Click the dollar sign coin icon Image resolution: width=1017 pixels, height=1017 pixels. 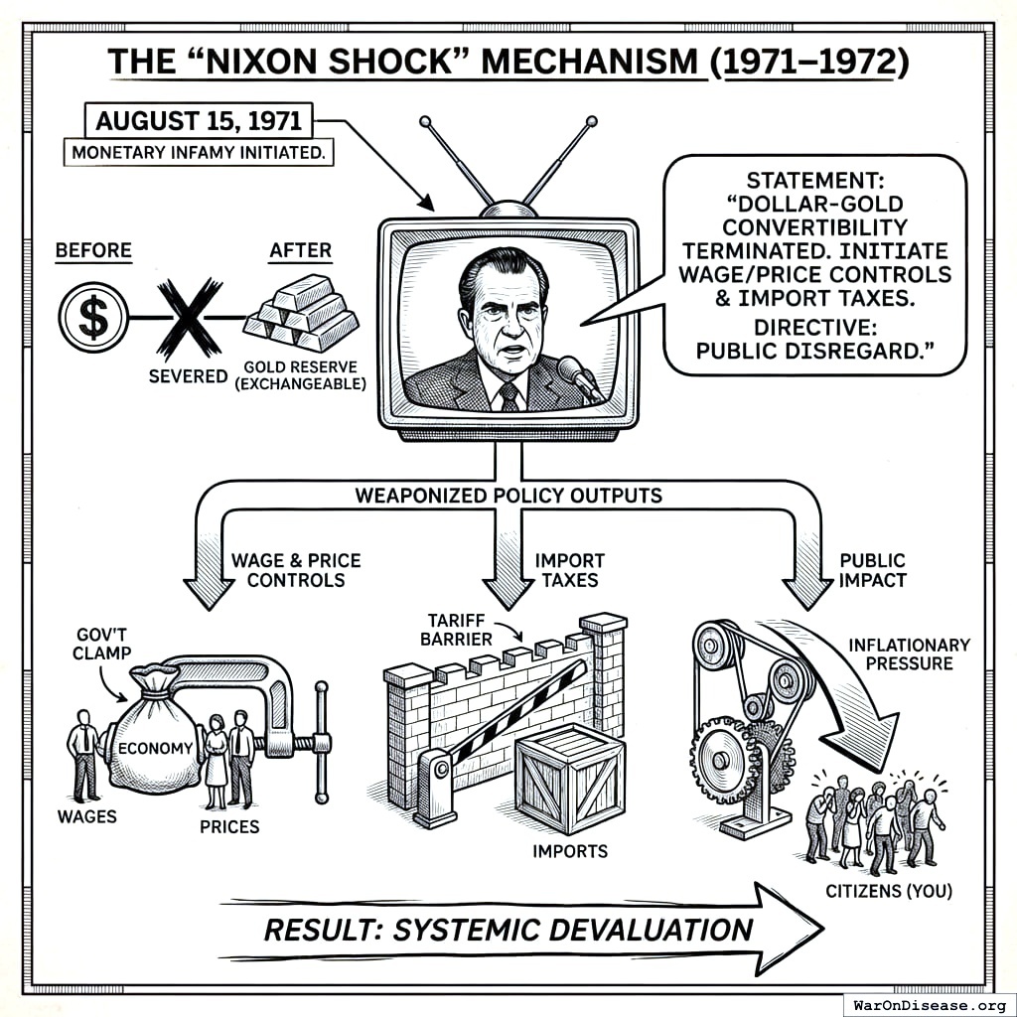point(93,318)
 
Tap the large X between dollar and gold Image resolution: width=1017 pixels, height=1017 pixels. point(188,318)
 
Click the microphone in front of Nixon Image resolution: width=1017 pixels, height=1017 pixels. point(578,375)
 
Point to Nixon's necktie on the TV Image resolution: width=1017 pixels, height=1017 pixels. point(508,396)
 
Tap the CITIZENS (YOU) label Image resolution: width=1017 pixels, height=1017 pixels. point(889,891)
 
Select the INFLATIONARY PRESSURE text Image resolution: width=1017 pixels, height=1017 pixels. point(909,654)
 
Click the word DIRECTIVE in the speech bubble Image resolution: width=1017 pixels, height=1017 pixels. point(812,328)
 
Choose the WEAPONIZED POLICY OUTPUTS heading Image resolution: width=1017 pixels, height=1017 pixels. point(508,495)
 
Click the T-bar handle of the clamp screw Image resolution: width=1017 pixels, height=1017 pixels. point(321,742)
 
